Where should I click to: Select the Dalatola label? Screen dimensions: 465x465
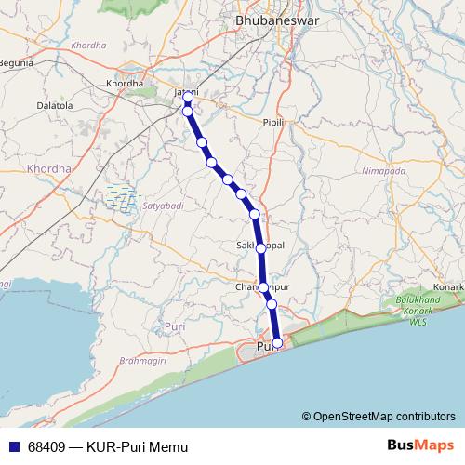55,106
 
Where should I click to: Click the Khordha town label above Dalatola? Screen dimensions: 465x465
126,84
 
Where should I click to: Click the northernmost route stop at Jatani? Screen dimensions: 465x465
188,97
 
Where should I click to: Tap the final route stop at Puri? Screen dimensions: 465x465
277,343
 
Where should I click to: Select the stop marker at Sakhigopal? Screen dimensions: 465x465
261,248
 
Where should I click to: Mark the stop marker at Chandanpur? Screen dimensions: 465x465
264,287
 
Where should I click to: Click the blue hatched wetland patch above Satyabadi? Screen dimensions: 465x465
122,195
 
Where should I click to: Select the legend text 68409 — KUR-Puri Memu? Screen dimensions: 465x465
108,447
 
